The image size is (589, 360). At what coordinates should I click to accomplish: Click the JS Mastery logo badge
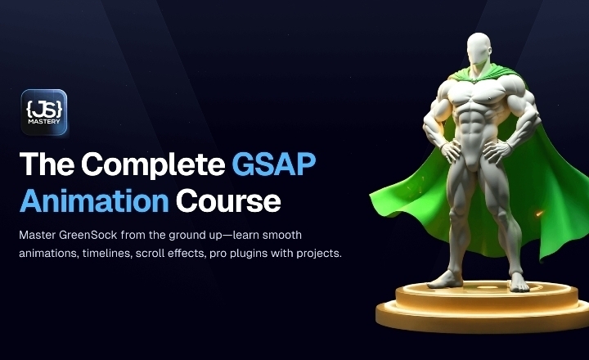point(43,112)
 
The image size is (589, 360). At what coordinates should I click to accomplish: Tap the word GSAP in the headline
point(273,164)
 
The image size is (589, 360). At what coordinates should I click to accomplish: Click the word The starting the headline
point(47,164)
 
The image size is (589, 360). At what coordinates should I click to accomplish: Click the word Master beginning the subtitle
point(39,235)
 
